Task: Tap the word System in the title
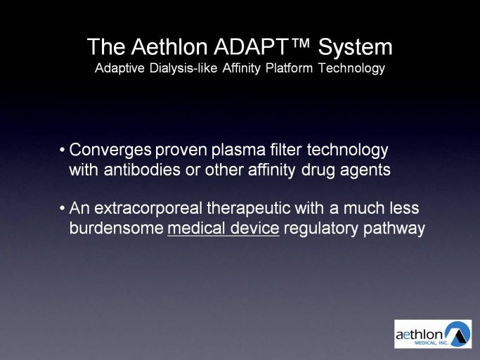coord(355,48)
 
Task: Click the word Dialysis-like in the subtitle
coord(183,67)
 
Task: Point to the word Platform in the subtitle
coord(289,67)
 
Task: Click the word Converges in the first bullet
coord(110,150)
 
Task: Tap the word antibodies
coord(142,169)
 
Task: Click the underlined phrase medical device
coord(223,229)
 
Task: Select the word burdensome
coord(117,229)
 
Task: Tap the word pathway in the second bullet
coord(394,229)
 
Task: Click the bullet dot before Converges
coord(63,150)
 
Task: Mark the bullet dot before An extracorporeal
coord(63,209)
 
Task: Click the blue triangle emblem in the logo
coord(458,334)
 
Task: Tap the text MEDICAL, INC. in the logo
coord(432,343)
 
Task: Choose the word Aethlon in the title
coord(169,46)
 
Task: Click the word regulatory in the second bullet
coord(321,229)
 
